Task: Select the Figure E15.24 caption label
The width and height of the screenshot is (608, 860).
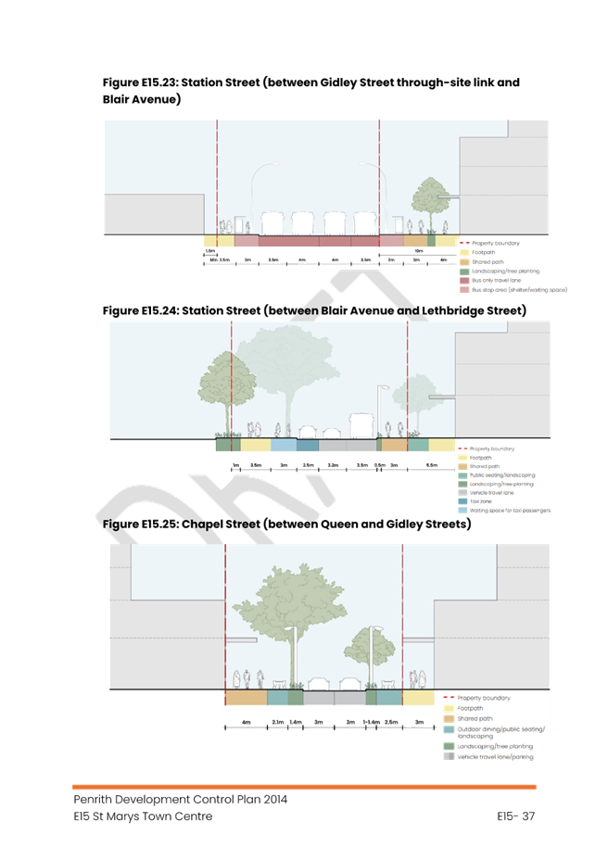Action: [x=139, y=310]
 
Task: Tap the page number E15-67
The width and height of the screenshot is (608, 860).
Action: [x=516, y=816]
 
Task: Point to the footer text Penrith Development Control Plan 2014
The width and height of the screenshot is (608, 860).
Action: [x=181, y=799]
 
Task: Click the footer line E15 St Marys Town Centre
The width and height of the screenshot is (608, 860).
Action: [x=144, y=816]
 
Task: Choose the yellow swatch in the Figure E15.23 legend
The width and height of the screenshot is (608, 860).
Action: [x=464, y=252]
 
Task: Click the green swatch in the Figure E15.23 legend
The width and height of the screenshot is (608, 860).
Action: [x=464, y=271]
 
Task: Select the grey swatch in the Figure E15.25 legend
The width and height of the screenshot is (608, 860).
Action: [x=450, y=756]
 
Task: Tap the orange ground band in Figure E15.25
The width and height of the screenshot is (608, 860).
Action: [x=246, y=698]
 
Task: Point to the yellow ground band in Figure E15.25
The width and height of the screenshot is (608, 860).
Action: [x=418, y=698]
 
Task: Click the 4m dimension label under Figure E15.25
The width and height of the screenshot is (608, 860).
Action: [x=246, y=720]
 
